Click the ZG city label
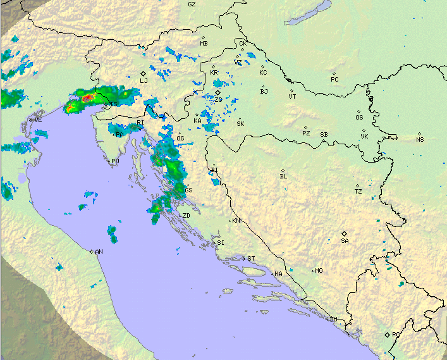(x=219, y=100)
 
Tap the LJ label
(x=144, y=81)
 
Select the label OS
(x=359, y=118)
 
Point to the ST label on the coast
(x=251, y=259)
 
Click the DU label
(x=333, y=319)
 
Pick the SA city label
(x=345, y=241)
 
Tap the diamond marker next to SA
(x=345, y=233)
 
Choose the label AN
(x=99, y=252)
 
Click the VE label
(x=38, y=120)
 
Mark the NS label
(x=420, y=139)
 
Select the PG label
(x=396, y=335)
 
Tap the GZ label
(x=192, y=4)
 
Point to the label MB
(x=204, y=44)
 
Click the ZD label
(x=186, y=216)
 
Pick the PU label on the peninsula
(x=115, y=161)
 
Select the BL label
(x=283, y=177)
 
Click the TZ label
(x=358, y=191)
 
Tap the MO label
(x=319, y=271)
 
